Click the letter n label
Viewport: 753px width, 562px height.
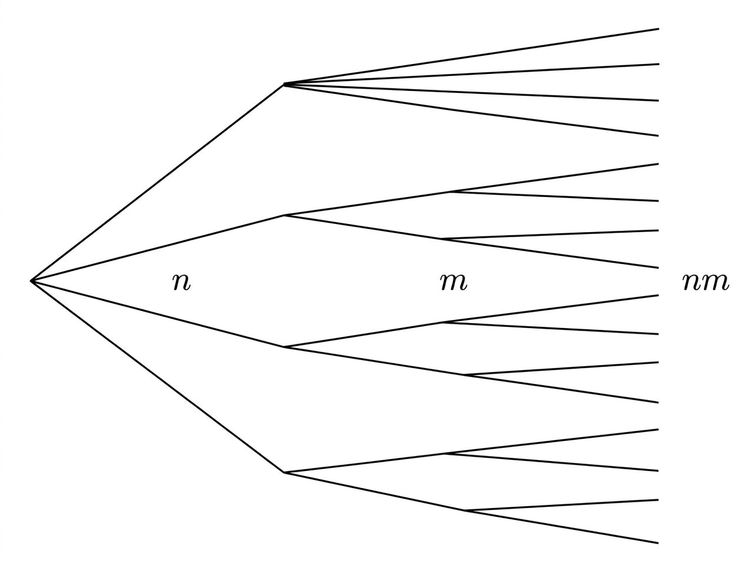pyautogui.click(x=181, y=282)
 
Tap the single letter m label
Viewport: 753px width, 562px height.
pyautogui.click(x=453, y=282)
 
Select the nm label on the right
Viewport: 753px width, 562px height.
pyautogui.click(x=705, y=282)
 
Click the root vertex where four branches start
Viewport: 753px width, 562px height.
pyautogui.click(x=31, y=281)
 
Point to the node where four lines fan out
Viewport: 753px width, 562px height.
pyautogui.click(x=284, y=84)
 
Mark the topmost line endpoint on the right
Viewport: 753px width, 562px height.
pyautogui.click(x=658, y=29)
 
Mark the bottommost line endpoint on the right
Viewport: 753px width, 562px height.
pyautogui.click(x=658, y=543)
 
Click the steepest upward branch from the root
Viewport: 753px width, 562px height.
pyautogui.click(x=158, y=183)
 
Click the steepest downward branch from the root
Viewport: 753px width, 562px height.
pyautogui.click(x=158, y=377)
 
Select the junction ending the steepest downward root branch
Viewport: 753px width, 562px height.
pyautogui.click(x=285, y=473)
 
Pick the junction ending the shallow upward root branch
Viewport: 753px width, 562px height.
pyautogui.click(x=285, y=215)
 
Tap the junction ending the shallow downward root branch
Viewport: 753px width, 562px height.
pyautogui.click(x=285, y=347)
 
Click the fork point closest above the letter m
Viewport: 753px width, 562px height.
pyautogui.click(x=442, y=238)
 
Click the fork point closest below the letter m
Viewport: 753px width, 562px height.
pyautogui.click(x=443, y=322)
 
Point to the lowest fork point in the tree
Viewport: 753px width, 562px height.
pyautogui.click(x=466, y=511)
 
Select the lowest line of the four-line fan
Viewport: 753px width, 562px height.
pyautogui.click(x=471, y=110)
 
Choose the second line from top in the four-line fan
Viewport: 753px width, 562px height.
pyautogui.click(x=471, y=74)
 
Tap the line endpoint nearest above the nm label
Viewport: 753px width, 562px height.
pyautogui.click(x=658, y=267)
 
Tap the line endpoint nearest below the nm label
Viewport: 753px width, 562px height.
pyautogui.click(x=658, y=295)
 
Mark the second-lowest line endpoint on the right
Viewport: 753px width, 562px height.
pyautogui.click(x=658, y=501)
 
